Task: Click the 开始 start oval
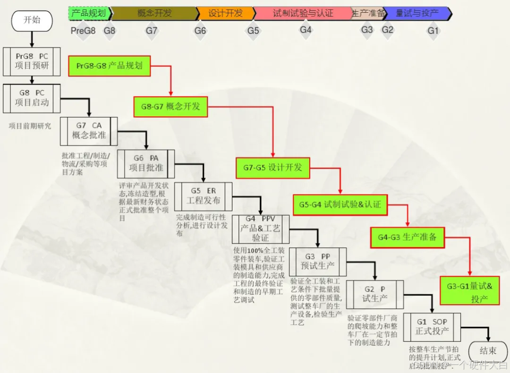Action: pos(32,21)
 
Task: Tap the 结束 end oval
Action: pos(488,351)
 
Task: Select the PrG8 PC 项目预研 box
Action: pos(32,61)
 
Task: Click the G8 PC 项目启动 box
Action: pos(32,98)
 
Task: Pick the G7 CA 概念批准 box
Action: pos(89,131)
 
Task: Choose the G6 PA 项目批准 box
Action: pos(146,163)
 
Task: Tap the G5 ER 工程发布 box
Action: pos(203,196)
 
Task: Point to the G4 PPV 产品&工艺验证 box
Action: pos(260,229)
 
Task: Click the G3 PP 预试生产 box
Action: pos(317,262)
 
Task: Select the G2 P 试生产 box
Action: pos(375,294)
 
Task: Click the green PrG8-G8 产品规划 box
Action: pos(110,66)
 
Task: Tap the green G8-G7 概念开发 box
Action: pos(170,106)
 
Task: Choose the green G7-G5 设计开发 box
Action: pos(273,168)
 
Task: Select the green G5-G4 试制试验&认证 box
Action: pos(340,205)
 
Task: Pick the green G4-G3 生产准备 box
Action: pos(407,237)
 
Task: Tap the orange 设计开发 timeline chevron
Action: pos(225,13)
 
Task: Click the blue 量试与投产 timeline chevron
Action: pos(417,13)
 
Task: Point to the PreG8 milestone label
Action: pos(83,31)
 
